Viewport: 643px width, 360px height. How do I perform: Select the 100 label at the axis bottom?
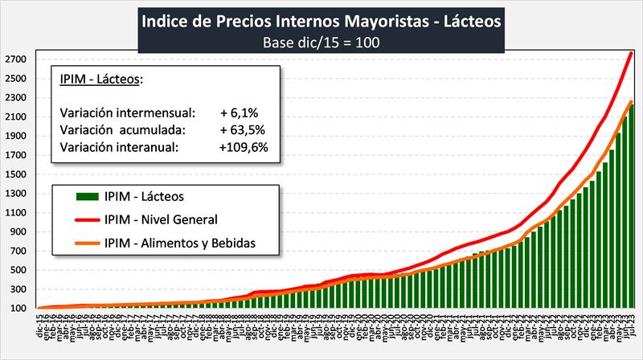point(20,308)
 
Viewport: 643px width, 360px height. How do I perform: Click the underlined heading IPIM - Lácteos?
point(101,79)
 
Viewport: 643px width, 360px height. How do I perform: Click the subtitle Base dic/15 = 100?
point(321,41)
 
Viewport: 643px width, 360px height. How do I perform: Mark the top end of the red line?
point(631,52)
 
